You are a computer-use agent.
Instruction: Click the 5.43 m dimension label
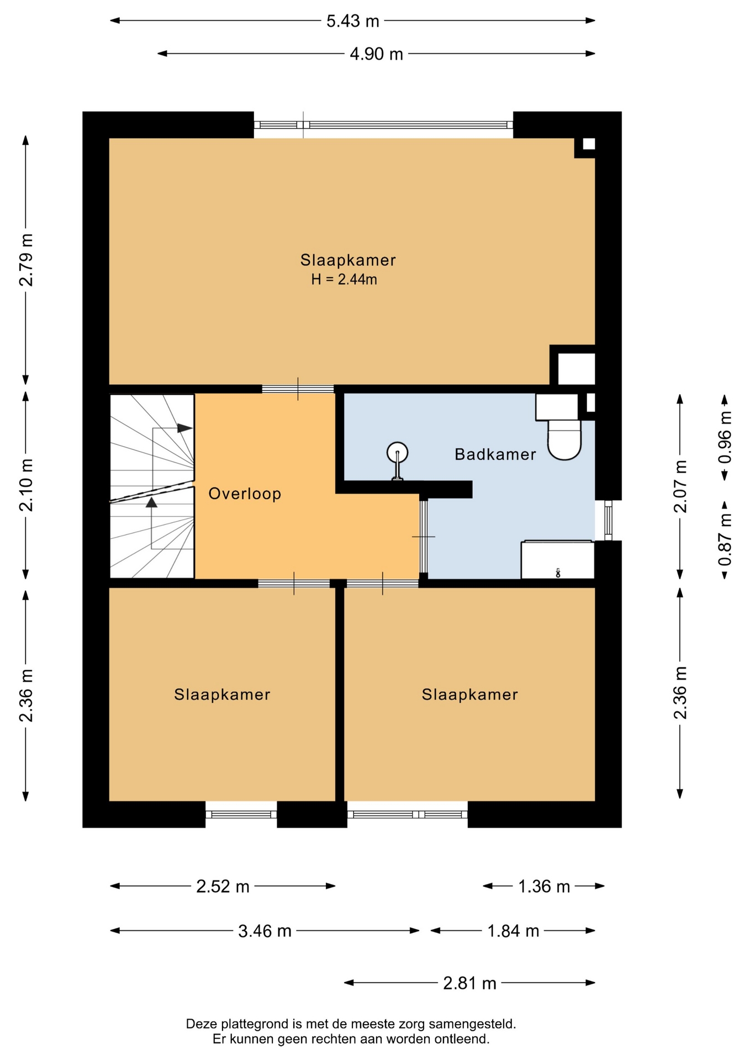pos(352,21)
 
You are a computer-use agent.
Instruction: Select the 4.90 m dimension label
pos(376,54)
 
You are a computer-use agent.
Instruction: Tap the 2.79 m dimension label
pos(26,259)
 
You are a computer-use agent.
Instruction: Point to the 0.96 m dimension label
pos(725,437)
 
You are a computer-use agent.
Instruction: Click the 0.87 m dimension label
pos(725,539)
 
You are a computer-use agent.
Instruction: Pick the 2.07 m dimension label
pos(680,486)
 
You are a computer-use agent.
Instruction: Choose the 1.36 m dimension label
pos(543,887)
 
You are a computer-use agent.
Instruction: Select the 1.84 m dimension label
pos(513,931)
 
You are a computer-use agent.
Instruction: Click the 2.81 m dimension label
pos(469,983)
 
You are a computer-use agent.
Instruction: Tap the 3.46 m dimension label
pos(265,931)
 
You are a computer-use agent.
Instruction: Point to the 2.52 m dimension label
pos(223,887)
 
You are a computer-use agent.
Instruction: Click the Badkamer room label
pos(495,454)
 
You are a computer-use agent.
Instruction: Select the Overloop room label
pos(245,494)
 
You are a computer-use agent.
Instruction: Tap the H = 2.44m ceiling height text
pos(344,279)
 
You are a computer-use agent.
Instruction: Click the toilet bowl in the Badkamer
pos(564,439)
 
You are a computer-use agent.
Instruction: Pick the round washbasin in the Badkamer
pos(397,453)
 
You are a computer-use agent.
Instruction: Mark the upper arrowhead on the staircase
pos(184,428)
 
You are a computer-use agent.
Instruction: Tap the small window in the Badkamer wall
pos(608,520)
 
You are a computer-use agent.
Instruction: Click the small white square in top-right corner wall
pos(589,144)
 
